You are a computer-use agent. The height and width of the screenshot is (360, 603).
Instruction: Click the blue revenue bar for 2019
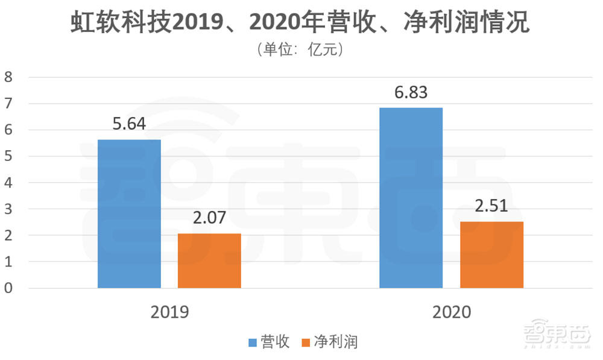[129, 213]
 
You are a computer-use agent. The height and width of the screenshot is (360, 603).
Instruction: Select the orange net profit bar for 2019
[209, 261]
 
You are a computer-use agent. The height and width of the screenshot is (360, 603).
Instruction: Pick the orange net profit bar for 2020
[491, 254]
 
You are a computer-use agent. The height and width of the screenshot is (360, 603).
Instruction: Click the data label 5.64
[129, 124]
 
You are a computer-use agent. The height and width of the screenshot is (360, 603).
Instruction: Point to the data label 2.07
[209, 218]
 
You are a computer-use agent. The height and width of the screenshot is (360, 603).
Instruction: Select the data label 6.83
[411, 92]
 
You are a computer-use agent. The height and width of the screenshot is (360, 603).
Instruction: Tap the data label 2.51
[491, 206]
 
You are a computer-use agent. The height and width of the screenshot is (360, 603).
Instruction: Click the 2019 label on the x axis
[169, 312]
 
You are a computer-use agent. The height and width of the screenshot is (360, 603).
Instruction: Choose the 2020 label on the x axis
[451, 312]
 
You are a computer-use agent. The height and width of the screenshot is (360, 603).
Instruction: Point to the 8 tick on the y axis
[8, 77]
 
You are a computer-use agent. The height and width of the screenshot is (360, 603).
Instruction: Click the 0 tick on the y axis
[8, 288]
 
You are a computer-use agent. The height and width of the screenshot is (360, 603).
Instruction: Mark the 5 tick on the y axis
[8, 156]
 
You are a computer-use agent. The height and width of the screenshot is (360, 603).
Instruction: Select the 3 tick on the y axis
[8, 209]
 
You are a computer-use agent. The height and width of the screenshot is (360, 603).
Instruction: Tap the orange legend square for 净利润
[305, 343]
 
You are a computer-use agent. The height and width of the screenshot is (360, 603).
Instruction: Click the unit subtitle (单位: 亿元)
[301, 49]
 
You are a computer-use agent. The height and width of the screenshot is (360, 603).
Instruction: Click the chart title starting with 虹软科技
[301, 22]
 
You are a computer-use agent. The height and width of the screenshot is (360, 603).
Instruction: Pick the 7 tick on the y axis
[8, 103]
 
